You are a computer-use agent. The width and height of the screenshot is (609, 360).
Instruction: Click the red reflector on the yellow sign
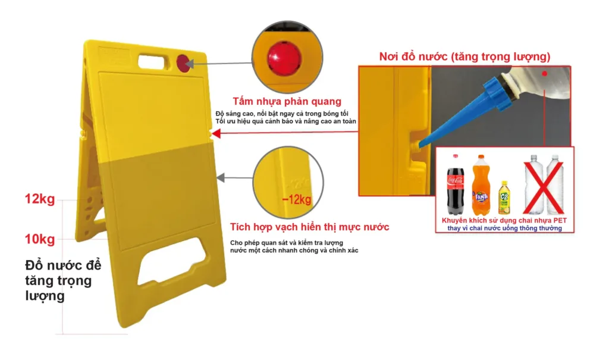point(183,63)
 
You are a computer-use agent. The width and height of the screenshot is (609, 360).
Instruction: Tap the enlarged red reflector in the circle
point(284,58)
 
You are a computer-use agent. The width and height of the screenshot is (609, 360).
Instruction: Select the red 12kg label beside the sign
point(40,199)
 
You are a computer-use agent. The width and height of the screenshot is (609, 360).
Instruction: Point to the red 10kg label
point(40,239)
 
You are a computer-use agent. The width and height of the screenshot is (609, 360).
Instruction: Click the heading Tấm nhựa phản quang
point(287,101)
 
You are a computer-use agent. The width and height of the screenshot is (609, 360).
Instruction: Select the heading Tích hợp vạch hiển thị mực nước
point(309,227)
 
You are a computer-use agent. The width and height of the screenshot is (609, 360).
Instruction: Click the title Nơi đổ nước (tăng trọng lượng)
point(465,57)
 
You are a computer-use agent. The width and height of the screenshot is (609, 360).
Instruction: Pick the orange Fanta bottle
point(481,185)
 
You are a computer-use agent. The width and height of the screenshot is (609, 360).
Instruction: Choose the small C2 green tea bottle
point(504,198)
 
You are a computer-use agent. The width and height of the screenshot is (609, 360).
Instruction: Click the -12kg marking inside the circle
point(297,200)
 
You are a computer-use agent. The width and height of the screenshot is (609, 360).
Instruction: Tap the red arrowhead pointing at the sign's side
point(216,134)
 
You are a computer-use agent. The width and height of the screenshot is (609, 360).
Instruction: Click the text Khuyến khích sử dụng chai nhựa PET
point(504,220)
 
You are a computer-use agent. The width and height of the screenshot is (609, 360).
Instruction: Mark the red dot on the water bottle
point(545,73)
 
